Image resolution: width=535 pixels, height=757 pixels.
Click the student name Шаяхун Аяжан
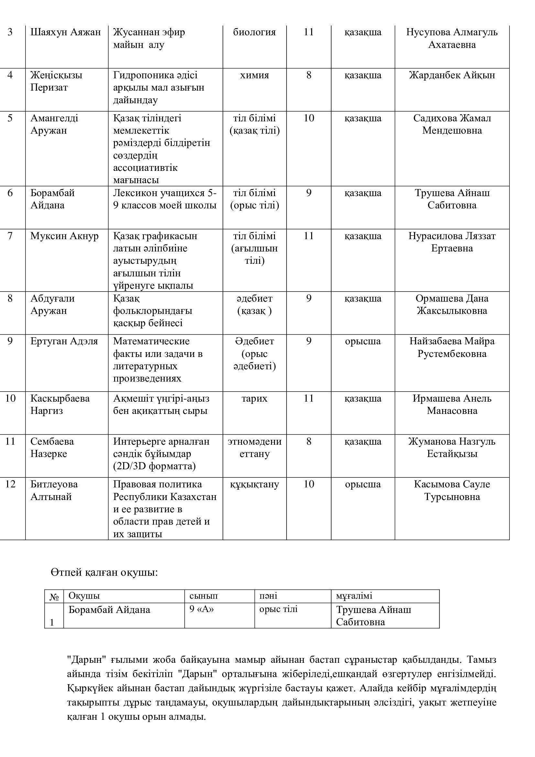(66, 32)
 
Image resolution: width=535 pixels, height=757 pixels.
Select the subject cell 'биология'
(254, 32)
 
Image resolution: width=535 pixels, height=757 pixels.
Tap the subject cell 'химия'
(254, 75)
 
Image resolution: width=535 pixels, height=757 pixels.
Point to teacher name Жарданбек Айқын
(452, 75)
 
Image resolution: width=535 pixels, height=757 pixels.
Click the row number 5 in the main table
(10, 118)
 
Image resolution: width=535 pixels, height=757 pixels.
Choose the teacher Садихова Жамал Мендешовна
(452, 124)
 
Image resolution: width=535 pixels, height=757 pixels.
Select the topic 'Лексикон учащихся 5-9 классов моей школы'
(165, 199)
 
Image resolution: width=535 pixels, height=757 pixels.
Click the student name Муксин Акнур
(65, 236)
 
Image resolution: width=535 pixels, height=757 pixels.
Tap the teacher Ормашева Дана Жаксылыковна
(452, 304)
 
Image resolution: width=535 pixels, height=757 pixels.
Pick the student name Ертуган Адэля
(64, 341)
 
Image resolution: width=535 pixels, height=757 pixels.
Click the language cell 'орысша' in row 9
(363, 341)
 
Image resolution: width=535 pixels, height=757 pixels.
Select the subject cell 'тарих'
(254, 399)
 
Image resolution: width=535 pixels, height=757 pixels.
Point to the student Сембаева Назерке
(52, 447)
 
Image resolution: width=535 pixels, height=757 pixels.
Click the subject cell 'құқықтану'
(254, 484)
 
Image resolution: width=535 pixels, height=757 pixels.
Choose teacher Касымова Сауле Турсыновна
(452, 490)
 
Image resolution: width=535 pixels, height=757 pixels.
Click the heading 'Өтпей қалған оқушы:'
(104, 573)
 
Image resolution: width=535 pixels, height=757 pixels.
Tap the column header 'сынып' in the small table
(203, 596)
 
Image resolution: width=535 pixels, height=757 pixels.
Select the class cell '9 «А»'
(202, 609)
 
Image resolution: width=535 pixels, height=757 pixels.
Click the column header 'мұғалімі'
(354, 596)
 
